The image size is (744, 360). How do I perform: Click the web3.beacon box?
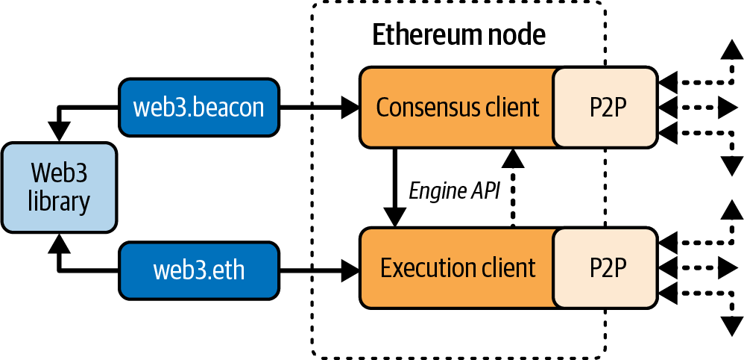click(x=198, y=108)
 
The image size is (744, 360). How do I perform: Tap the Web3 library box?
click(x=60, y=187)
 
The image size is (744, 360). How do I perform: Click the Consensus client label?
click(x=457, y=108)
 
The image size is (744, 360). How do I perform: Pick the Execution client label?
click(x=457, y=268)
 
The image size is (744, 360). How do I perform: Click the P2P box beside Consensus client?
click(x=605, y=108)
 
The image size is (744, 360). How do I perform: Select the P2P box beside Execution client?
click(x=605, y=268)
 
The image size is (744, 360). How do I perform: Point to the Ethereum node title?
click(x=458, y=35)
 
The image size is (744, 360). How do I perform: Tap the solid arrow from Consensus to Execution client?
click(x=394, y=187)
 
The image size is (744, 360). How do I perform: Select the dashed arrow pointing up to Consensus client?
click(x=511, y=187)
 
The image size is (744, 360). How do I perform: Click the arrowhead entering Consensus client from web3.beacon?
click(x=351, y=108)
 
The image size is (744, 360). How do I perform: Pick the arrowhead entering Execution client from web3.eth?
click(x=351, y=268)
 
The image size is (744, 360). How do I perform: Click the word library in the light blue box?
click(x=60, y=202)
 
